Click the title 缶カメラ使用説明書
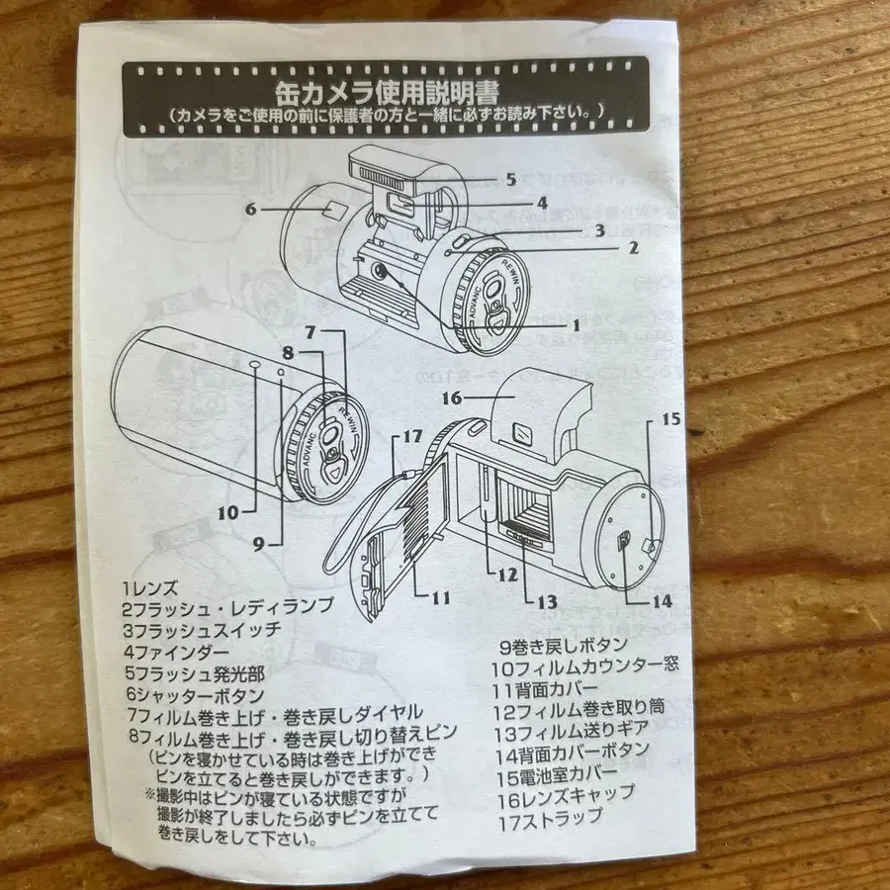pyautogui.click(x=387, y=91)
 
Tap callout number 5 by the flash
pyautogui.click(x=510, y=180)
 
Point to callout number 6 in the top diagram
pyautogui.click(x=251, y=209)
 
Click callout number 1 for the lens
pyautogui.click(x=575, y=324)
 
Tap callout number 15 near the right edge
pyautogui.click(x=671, y=419)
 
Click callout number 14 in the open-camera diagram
pyautogui.click(x=662, y=599)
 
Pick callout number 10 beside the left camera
pyautogui.click(x=228, y=512)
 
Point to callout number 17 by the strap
pyautogui.click(x=413, y=436)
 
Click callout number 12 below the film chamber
pyautogui.click(x=507, y=574)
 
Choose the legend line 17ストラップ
pyautogui.click(x=552, y=817)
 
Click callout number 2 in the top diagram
pyautogui.click(x=633, y=247)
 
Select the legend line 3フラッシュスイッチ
pyautogui.click(x=203, y=630)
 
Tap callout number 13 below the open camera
pyautogui.click(x=546, y=600)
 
